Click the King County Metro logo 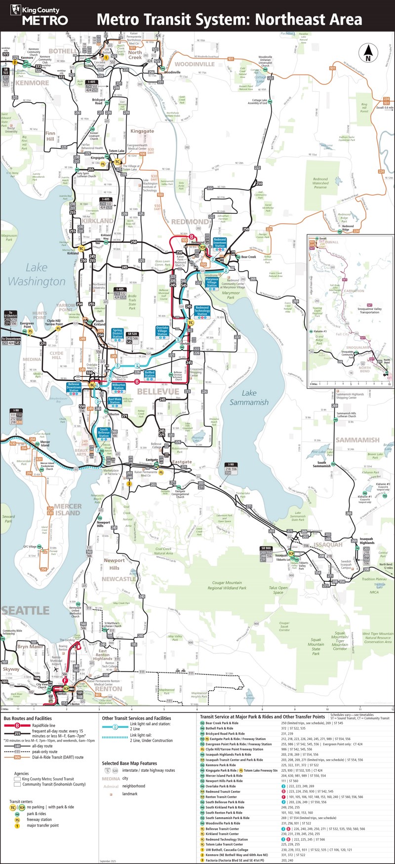[x=39, y=16]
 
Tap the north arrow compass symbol [x=367, y=52]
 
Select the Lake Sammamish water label [x=249, y=397]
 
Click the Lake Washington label [x=37, y=275]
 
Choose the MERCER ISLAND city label [x=67, y=510]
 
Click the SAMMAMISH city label [x=357, y=440]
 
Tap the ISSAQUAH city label [x=328, y=545]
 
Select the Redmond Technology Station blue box [x=202, y=310]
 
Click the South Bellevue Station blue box [x=104, y=432]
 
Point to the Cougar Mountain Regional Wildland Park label [x=227, y=585]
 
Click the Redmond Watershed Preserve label [x=320, y=183]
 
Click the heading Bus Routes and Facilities [x=28, y=718]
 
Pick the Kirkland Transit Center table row [x=222, y=834]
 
